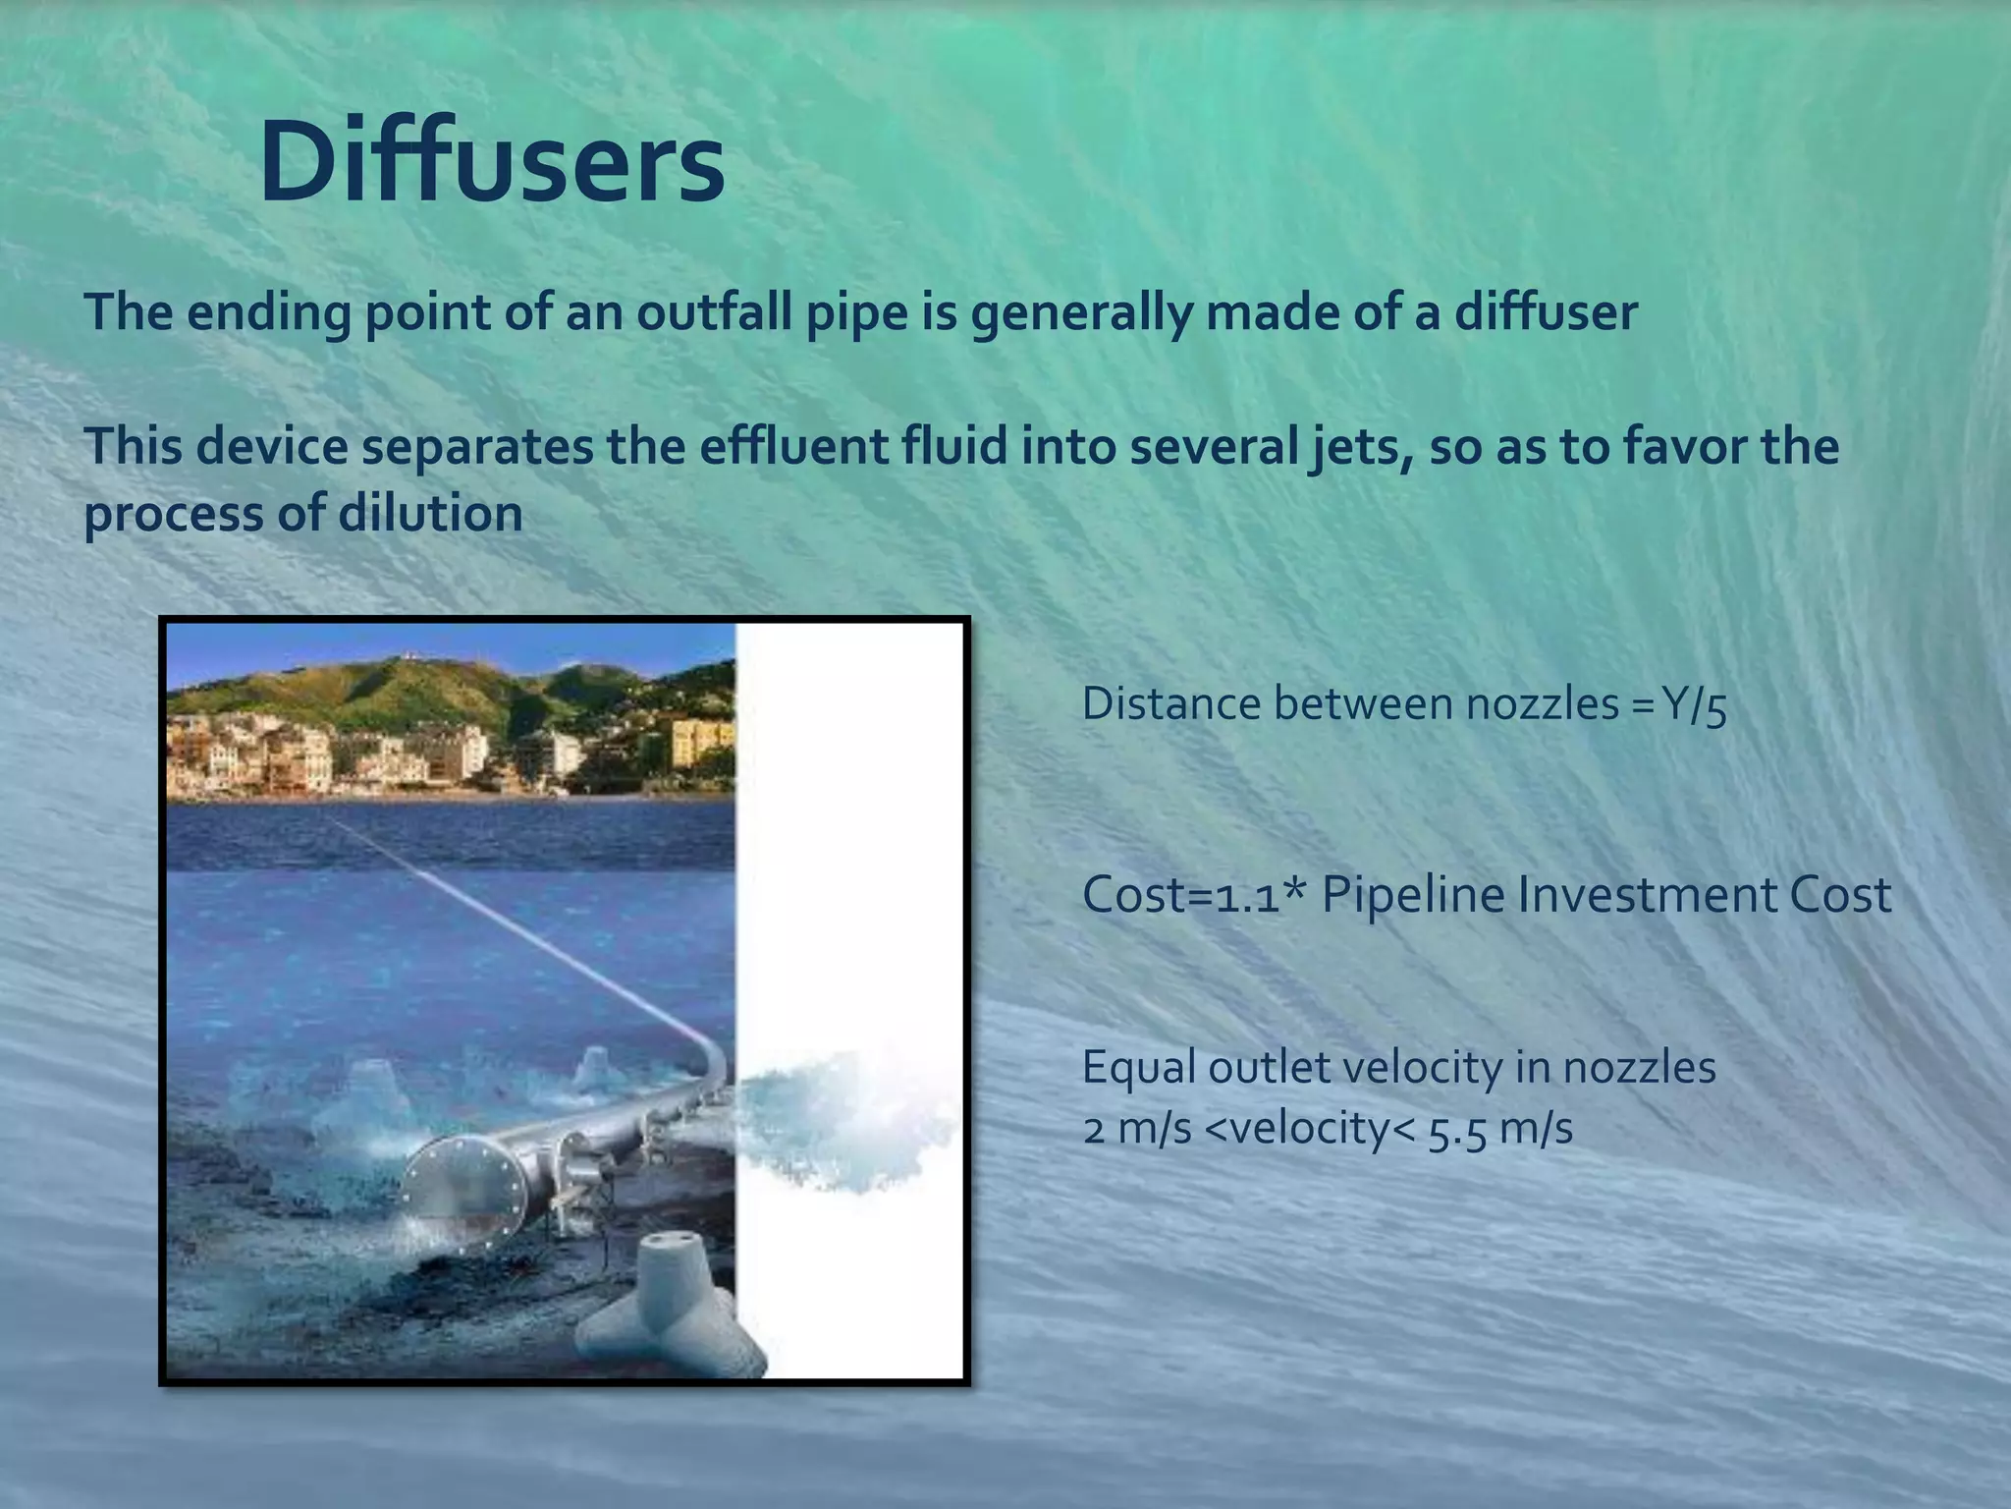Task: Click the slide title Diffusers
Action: [x=492, y=160]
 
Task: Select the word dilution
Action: [x=429, y=514]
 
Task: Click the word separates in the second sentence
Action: [x=477, y=447]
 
